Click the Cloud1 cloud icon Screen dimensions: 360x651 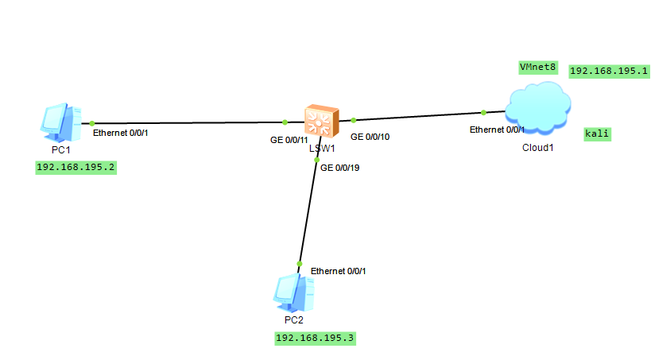(x=538, y=108)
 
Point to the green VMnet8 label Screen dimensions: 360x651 (x=537, y=67)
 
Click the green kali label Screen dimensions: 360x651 (x=597, y=134)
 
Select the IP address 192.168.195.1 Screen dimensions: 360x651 (x=610, y=71)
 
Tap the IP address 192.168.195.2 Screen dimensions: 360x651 (x=76, y=167)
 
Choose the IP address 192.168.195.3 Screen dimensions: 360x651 (x=315, y=338)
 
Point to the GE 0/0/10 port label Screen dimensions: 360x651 (x=370, y=137)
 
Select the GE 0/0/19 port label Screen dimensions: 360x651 (x=340, y=167)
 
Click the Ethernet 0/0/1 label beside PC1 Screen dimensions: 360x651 (x=121, y=133)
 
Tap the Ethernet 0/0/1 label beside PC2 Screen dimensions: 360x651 (x=339, y=271)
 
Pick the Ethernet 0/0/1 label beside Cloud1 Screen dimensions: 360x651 (x=497, y=129)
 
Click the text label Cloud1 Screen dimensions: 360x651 (x=537, y=148)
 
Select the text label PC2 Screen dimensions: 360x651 (x=293, y=319)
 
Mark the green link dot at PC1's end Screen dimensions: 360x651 (x=92, y=123)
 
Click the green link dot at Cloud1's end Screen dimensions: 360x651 (x=483, y=112)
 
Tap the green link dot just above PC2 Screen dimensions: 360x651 (x=300, y=264)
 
